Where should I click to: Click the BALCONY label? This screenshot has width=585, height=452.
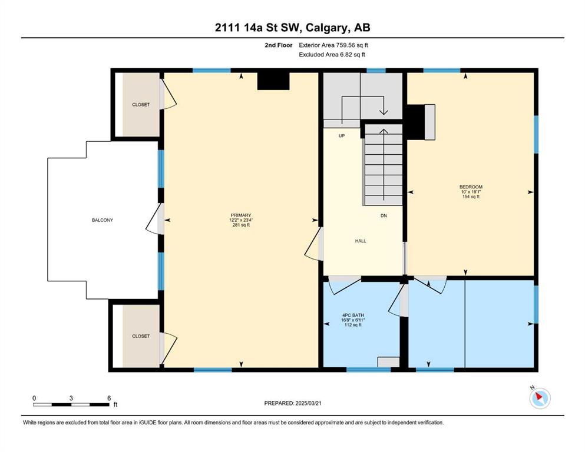pos(103,220)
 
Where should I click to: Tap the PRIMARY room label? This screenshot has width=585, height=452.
pos(241,215)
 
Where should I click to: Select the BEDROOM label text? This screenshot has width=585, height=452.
pos(471,187)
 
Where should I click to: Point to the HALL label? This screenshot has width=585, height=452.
pos(361,241)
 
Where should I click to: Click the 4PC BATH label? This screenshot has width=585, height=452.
pos(353,315)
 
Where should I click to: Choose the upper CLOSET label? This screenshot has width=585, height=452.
pos(141,105)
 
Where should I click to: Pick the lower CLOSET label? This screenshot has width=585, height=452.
pos(141,336)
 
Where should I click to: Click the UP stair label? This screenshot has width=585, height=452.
pos(341,136)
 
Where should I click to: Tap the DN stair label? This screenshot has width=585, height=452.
pos(384,216)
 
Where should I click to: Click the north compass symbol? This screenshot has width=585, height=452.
pos(540,398)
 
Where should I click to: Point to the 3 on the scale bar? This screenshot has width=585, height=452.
pos(71,398)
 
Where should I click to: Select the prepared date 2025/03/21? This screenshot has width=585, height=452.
pos(308,403)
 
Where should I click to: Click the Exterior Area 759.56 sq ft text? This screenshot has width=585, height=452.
pos(333,45)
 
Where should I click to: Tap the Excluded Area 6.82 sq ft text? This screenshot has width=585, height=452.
pos(332,55)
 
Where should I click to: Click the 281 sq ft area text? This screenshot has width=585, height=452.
pos(241,225)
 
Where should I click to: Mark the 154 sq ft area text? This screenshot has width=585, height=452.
pos(471,197)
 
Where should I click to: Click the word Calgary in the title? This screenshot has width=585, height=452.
pos(326,28)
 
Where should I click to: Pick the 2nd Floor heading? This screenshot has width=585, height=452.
pos(278,45)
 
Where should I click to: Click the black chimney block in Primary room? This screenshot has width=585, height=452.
pos(273,81)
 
